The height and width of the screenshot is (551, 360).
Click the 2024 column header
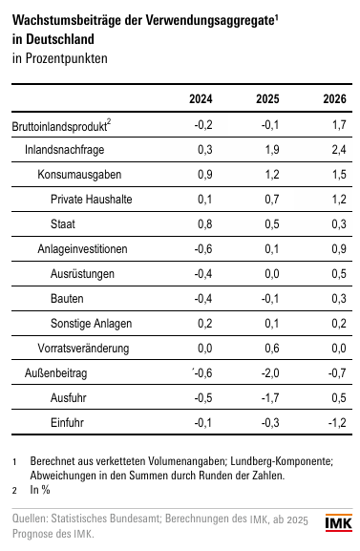(x=201, y=98)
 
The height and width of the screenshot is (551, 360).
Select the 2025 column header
(x=267, y=98)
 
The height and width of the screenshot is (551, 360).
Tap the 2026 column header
(x=334, y=98)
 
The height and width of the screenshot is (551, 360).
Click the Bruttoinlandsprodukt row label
(x=61, y=126)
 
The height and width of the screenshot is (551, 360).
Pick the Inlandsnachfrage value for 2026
(x=339, y=150)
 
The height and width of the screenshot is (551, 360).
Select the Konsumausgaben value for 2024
(x=205, y=175)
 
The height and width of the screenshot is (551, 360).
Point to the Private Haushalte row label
(x=92, y=200)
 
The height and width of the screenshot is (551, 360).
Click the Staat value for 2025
(x=272, y=223)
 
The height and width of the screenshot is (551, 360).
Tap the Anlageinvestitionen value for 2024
(x=203, y=249)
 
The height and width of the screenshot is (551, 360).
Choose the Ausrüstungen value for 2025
(x=272, y=274)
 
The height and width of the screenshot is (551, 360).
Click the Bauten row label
(x=67, y=299)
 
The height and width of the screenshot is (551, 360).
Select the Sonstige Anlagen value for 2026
(x=339, y=324)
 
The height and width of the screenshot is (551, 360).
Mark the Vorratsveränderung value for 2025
(x=272, y=349)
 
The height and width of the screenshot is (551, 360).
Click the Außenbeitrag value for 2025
(x=270, y=372)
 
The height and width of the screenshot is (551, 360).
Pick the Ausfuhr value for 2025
(x=270, y=398)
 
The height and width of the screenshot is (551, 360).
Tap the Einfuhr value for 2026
(x=337, y=422)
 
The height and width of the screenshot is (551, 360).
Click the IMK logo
(x=338, y=523)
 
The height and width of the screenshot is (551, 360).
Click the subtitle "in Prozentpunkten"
(x=60, y=58)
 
